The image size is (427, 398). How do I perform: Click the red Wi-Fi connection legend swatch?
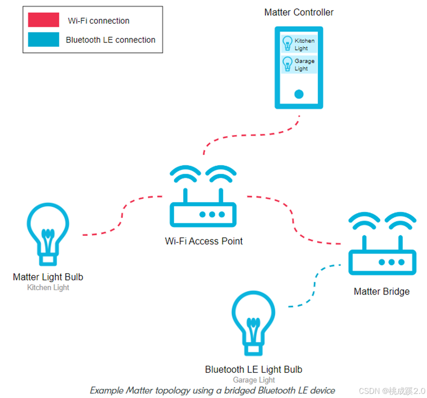(43, 20)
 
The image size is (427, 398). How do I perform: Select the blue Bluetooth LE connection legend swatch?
(43, 39)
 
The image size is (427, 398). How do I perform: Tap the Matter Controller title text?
(299, 12)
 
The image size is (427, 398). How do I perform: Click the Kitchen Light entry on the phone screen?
(299, 44)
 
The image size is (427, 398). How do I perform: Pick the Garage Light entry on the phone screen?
(299, 65)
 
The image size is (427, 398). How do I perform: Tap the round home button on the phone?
(299, 94)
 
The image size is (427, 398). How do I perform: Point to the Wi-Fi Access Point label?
(204, 241)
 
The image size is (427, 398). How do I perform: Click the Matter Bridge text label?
(382, 291)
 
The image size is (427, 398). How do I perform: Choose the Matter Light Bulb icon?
(48, 233)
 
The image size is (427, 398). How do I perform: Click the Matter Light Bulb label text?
(48, 277)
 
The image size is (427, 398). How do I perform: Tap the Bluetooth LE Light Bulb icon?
(253, 323)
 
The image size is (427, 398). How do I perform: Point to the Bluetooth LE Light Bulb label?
(253, 370)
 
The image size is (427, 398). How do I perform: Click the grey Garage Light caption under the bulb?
(254, 380)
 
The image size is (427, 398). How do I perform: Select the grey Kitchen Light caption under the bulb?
(48, 288)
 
